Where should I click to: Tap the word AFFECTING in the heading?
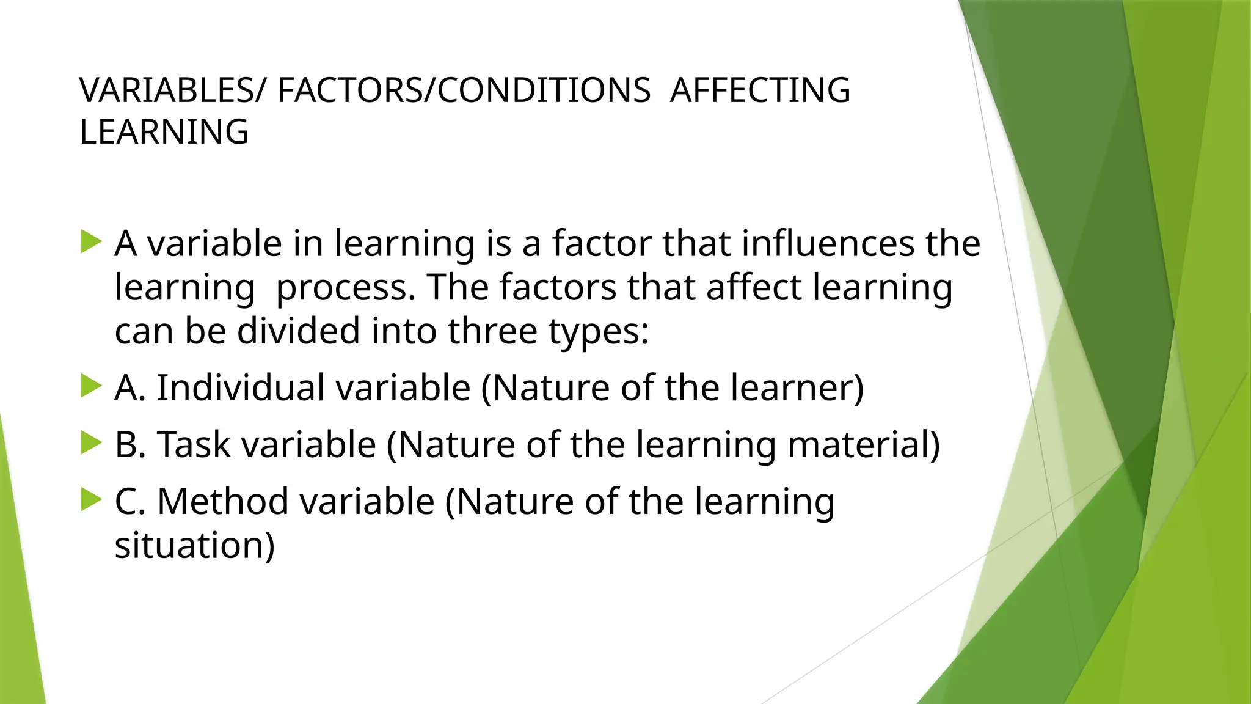click(760, 90)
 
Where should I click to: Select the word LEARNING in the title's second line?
click(164, 132)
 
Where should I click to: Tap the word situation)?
click(195, 545)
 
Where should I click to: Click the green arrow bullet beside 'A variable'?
click(91, 241)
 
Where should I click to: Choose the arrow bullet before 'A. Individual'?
click(91, 386)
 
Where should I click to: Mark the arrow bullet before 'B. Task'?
click(91, 442)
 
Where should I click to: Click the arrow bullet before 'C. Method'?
click(91, 499)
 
